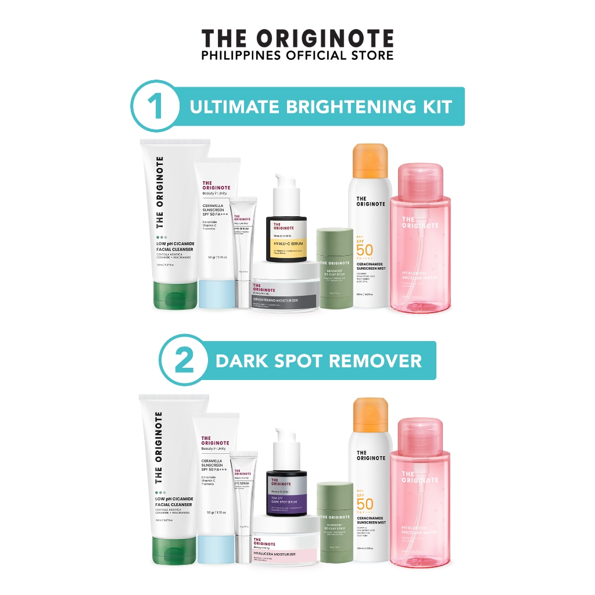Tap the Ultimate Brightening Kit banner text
[x=321, y=106]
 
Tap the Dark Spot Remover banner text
[x=318, y=361]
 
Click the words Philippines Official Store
[x=297, y=55]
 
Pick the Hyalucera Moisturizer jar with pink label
[x=285, y=549]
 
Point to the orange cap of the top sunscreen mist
[x=371, y=162]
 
